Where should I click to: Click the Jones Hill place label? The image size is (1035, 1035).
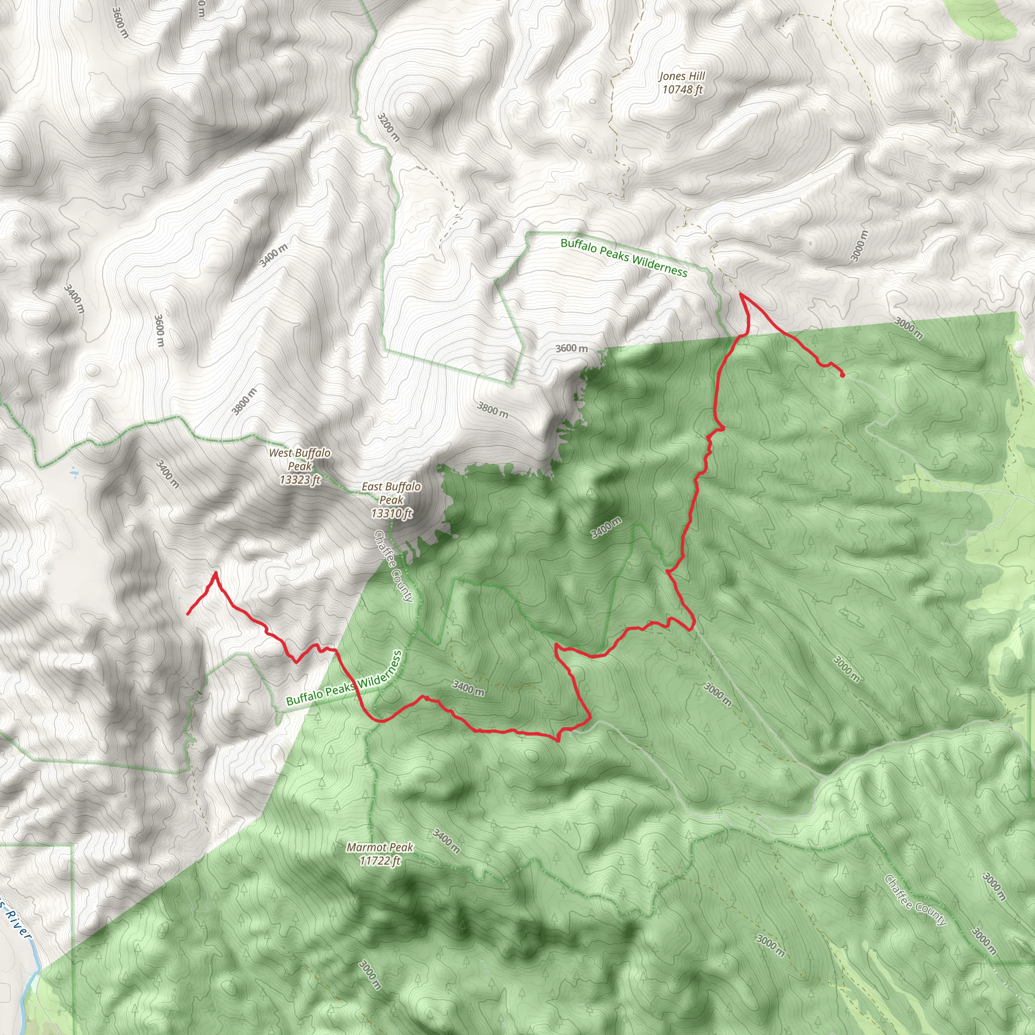[682, 77]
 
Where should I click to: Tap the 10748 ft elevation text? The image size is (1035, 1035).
[682, 90]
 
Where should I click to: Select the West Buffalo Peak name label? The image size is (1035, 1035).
[300, 459]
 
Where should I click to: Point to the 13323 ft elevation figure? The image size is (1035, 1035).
[300, 480]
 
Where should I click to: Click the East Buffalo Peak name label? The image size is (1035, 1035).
[391, 493]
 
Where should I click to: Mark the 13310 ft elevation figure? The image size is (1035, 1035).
[391, 513]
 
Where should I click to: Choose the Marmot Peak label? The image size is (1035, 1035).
[380, 847]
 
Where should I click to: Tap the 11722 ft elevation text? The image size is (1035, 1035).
[380, 860]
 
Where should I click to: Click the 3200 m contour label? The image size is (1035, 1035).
[389, 127]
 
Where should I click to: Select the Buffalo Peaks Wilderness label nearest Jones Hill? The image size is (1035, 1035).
[624, 258]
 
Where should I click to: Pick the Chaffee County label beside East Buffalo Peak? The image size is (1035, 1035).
[394, 566]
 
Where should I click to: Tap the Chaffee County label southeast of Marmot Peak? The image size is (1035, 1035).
[915, 900]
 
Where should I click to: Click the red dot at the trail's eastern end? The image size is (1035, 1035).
[842, 375]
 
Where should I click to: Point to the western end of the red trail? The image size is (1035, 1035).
[187, 614]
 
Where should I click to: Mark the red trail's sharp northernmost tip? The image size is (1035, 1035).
[740, 294]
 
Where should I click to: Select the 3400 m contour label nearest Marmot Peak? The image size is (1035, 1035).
[446, 840]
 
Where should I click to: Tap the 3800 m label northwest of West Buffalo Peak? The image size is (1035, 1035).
[244, 401]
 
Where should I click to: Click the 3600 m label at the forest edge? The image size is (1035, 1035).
[571, 348]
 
